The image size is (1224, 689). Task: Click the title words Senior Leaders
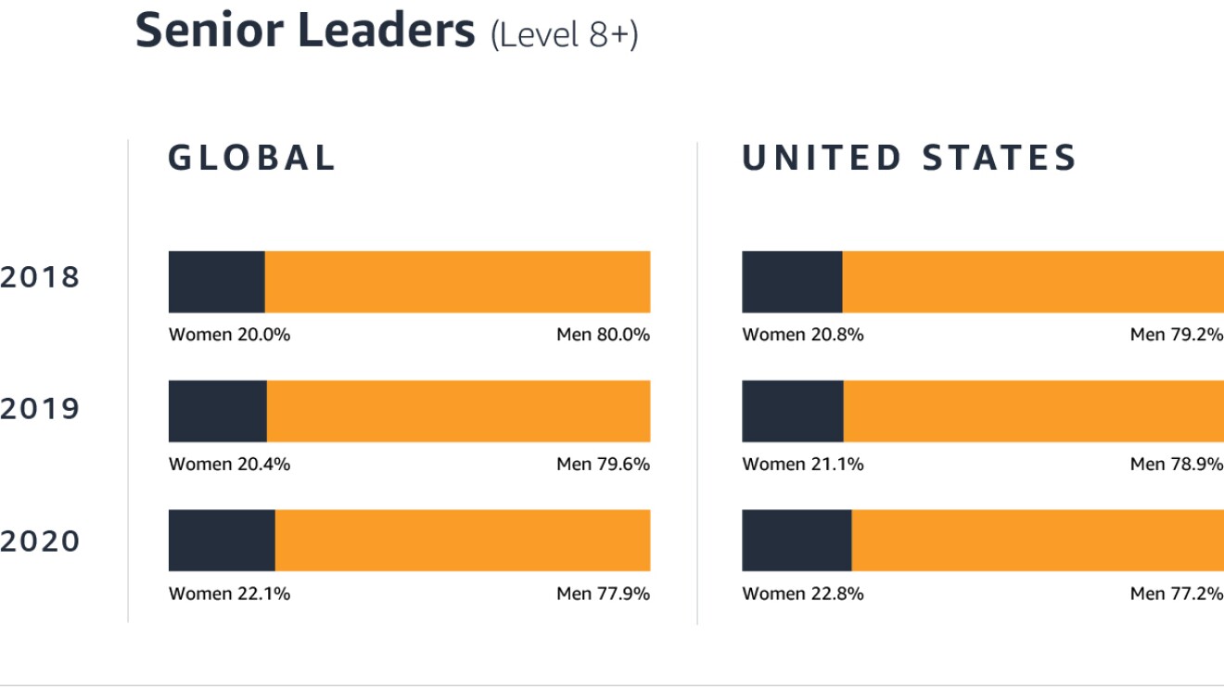(305, 31)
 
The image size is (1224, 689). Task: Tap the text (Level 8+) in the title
(564, 35)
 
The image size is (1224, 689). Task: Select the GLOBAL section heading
(251, 158)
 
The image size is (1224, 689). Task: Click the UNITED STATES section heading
(909, 158)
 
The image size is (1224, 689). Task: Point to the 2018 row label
(40, 277)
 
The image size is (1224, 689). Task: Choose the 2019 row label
(40, 409)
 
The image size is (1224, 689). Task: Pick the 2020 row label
(40, 541)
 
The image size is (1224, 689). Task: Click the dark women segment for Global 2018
(216, 282)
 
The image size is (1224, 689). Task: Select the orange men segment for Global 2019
(458, 411)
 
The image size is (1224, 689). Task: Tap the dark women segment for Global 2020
(222, 540)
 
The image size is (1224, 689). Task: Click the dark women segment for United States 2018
(792, 282)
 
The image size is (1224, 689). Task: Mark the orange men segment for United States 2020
(1038, 540)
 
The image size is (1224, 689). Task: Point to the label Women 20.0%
(229, 335)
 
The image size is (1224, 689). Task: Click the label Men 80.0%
(603, 335)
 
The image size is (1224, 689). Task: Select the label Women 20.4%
(229, 464)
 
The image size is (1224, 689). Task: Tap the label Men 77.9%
(603, 593)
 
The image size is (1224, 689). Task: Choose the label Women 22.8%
(802, 593)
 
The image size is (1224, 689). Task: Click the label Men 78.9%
(1176, 464)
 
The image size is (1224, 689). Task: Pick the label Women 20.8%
(802, 335)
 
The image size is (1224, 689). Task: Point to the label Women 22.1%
(229, 593)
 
